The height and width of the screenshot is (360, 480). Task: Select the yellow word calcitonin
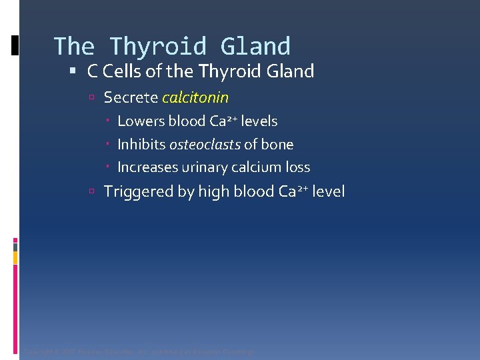pos(195,98)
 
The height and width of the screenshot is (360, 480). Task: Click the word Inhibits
pos(141,145)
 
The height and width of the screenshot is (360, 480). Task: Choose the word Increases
pos(147,167)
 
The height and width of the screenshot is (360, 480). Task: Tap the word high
pos(213,192)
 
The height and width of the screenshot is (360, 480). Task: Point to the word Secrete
pos(131,98)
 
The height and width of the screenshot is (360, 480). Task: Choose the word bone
pos(278,145)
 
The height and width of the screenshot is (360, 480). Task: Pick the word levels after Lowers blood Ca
pos(259,121)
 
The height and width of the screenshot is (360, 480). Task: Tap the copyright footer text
pos(139,351)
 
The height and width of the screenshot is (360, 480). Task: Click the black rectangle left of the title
pos(15,46)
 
